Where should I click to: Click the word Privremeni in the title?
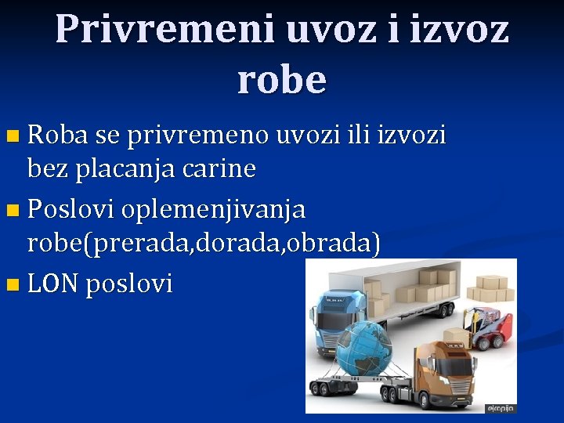[x=164, y=30]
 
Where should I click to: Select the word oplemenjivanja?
[x=214, y=210]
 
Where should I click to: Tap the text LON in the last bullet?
[x=52, y=284]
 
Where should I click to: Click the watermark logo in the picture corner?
[x=501, y=408]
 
